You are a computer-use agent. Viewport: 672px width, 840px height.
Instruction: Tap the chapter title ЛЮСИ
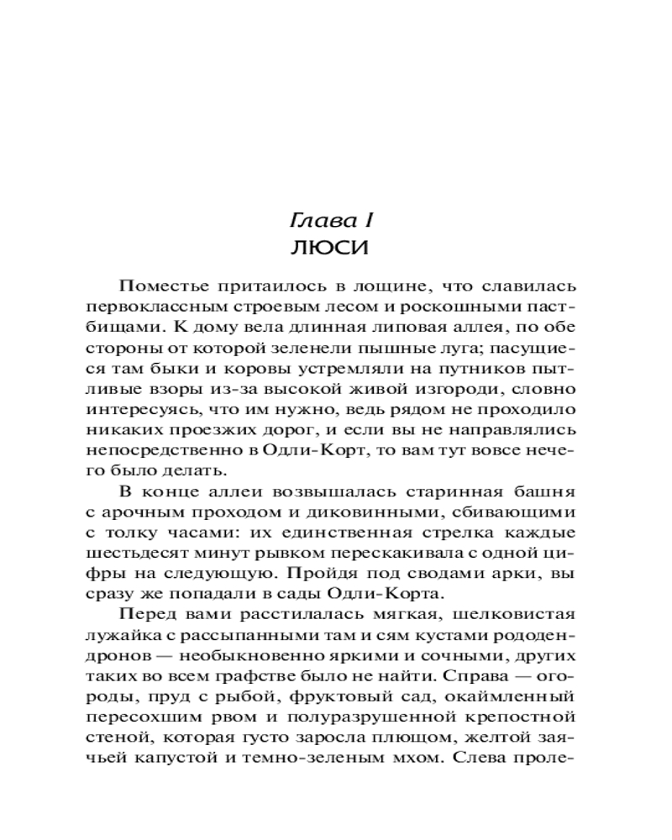pos(335,250)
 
